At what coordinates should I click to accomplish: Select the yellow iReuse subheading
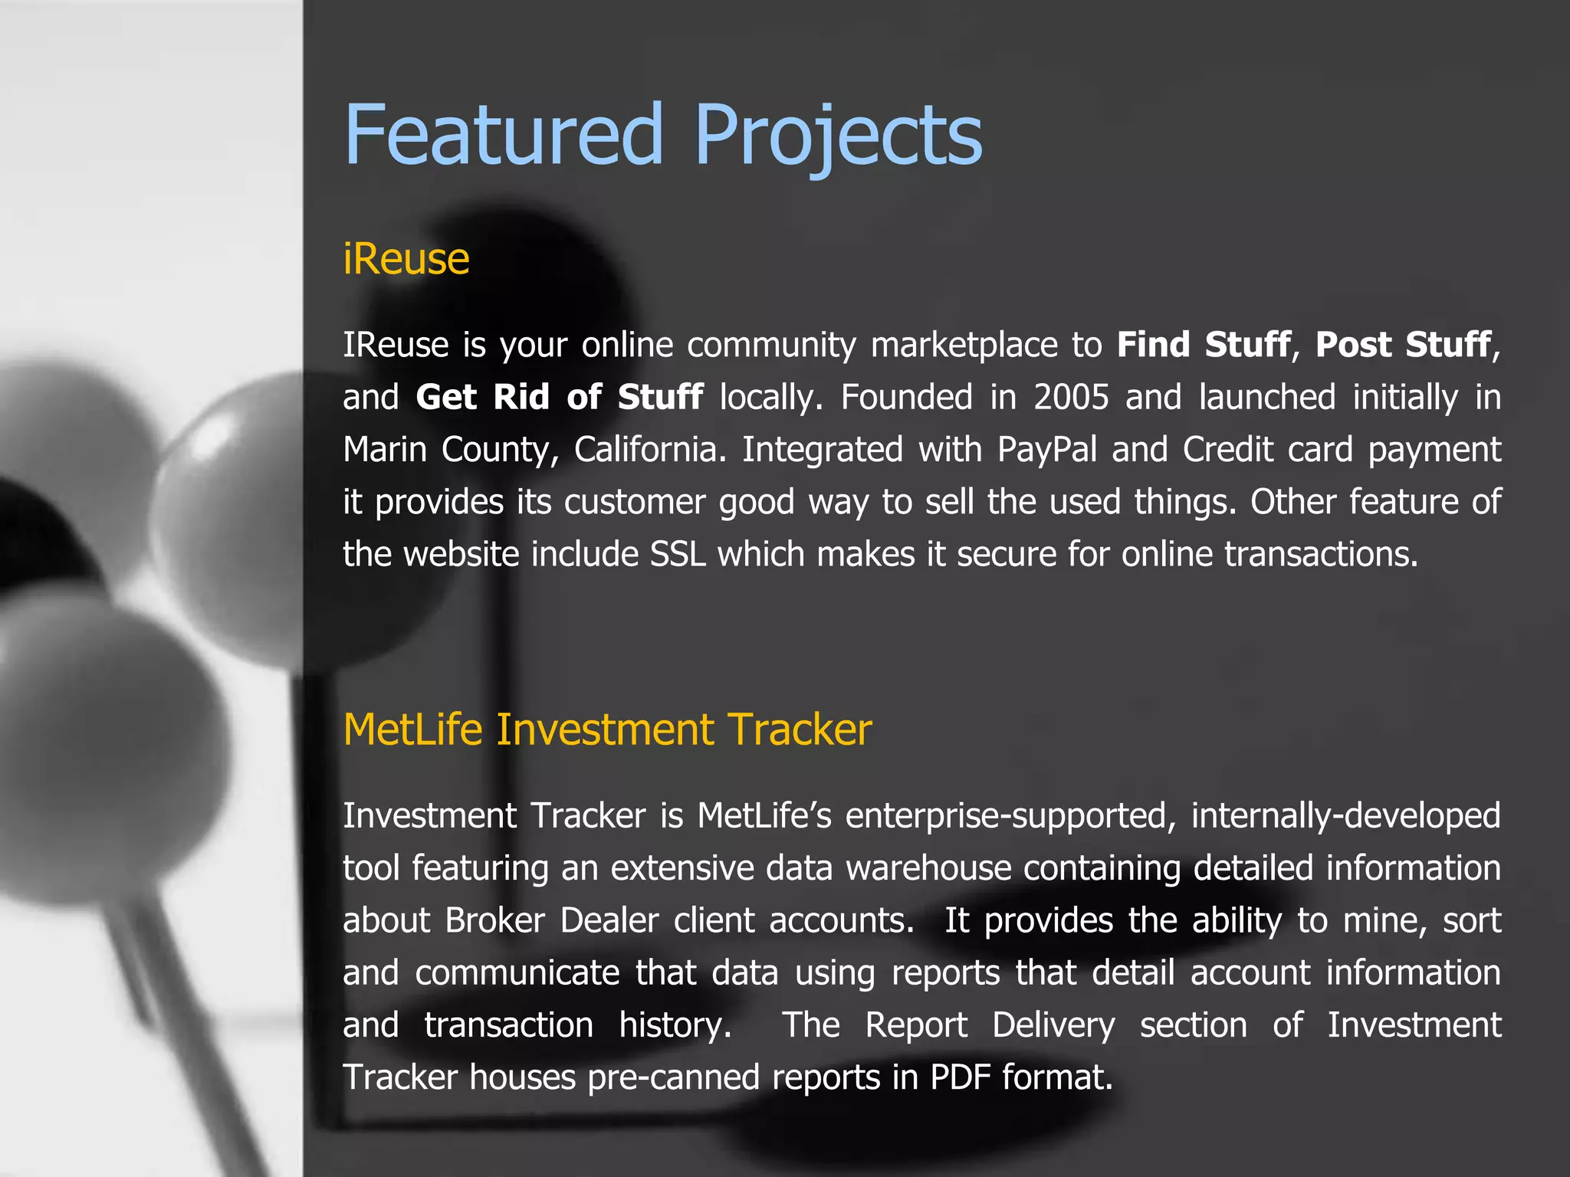point(406,259)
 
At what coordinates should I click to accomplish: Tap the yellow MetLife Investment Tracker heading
point(607,729)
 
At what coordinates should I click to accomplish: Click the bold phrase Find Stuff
point(1203,345)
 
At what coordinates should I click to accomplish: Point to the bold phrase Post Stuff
point(1402,345)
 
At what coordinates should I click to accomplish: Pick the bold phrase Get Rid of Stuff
point(559,397)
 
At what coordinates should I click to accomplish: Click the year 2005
point(1071,397)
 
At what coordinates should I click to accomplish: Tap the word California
point(649,450)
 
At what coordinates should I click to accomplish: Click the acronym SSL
point(678,554)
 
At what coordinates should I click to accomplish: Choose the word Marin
point(384,450)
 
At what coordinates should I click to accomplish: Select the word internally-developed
point(1345,816)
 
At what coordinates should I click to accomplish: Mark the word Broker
point(495,920)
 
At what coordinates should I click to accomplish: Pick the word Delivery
point(1053,1025)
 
